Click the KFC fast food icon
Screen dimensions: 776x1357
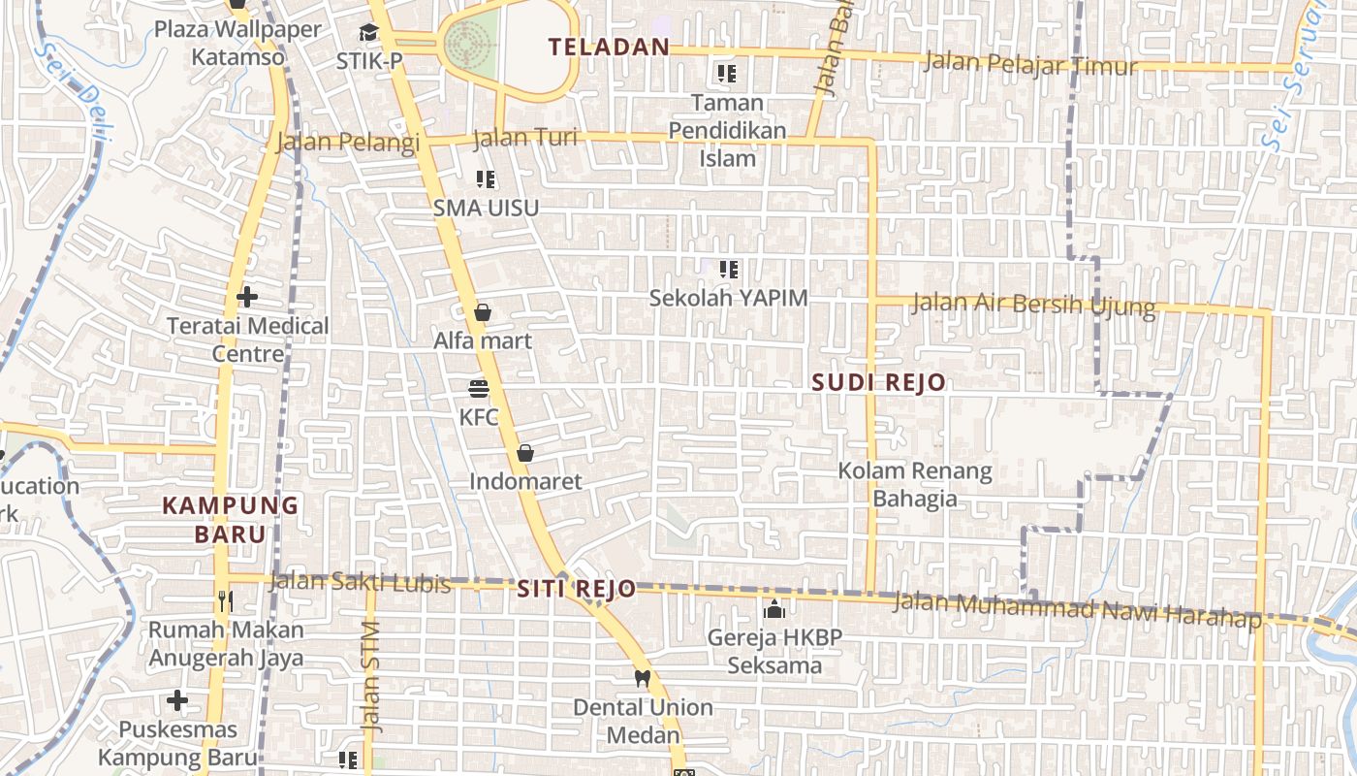479,389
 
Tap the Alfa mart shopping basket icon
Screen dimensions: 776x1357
483,312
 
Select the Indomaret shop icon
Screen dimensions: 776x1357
524,453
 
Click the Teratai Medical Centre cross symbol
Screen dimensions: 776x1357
247,296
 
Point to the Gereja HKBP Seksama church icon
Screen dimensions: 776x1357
773,609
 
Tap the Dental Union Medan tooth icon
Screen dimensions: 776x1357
641,678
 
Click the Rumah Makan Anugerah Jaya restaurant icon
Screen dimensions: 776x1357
226,601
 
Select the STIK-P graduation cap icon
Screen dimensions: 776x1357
368,33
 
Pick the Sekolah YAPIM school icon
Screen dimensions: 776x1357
728,270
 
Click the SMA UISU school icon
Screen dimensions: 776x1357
486,179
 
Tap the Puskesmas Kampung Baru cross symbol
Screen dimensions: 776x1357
177,699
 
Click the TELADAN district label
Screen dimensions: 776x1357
609,47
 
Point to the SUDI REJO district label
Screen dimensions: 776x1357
878,382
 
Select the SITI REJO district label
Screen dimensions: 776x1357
576,589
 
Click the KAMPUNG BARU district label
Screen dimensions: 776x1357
231,520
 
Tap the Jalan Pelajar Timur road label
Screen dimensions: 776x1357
1030,64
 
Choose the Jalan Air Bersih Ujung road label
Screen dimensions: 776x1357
1033,305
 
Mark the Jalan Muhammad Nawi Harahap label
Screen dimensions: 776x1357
1076,608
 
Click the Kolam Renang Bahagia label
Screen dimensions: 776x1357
915,485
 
